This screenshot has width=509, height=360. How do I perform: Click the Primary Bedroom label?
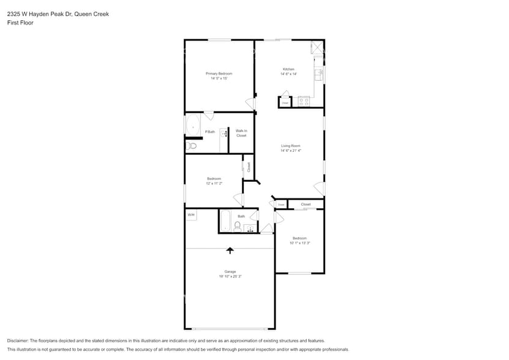coord(219,73)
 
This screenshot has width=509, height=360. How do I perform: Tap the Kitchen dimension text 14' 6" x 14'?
coord(288,74)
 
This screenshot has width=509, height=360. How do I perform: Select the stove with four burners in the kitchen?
coord(304,102)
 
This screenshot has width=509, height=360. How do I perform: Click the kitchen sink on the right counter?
coord(318,75)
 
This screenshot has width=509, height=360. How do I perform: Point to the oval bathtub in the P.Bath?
coord(194,126)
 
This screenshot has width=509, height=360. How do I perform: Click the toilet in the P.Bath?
coord(192,146)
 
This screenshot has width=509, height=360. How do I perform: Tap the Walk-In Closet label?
coord(241,133)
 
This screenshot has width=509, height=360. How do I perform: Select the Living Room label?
coord(290,146)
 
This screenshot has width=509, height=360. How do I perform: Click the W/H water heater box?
coord(191,215)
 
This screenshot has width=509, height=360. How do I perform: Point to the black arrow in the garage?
coord(230,250)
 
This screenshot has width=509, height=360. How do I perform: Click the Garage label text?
coord(230,271)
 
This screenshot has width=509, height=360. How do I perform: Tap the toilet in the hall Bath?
coord(237,227)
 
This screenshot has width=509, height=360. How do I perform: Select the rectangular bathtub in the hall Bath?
coord(225,220)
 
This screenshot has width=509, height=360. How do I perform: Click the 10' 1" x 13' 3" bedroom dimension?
coord(300,243)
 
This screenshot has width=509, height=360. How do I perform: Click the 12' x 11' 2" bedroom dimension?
coord(214,183)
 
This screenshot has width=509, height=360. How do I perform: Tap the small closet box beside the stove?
coord(285,102)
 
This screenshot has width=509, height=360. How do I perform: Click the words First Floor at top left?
coord(20,23)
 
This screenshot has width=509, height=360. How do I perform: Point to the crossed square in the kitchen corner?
coord(317,48)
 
